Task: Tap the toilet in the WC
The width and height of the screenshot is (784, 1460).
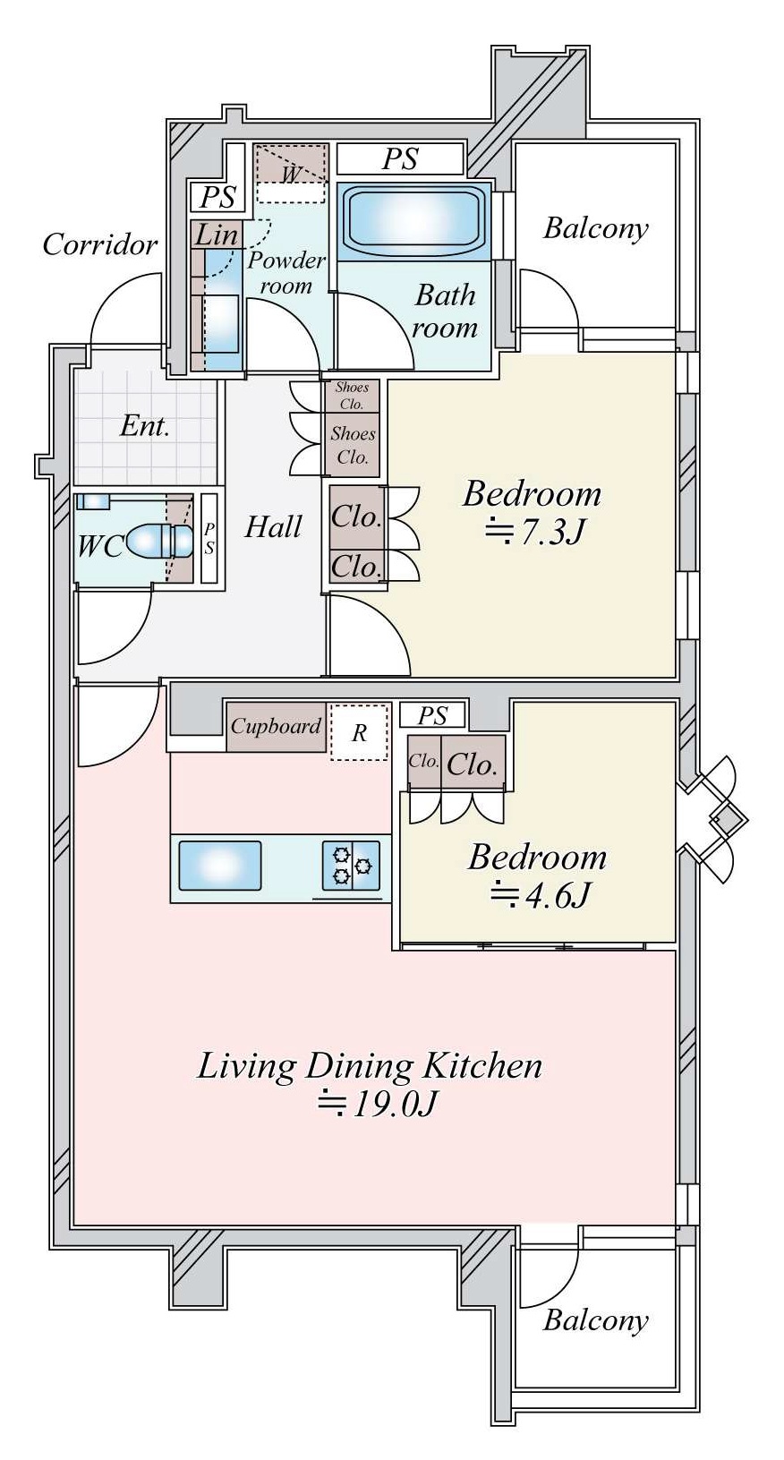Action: (159, 542)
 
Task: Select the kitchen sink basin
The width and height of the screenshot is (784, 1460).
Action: (220, 866)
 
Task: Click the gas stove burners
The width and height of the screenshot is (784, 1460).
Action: (351, 866)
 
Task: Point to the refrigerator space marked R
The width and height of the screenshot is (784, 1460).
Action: (359, 732)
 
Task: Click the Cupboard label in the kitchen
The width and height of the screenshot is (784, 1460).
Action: (276, 726)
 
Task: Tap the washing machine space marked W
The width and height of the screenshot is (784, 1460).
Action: (291, 173)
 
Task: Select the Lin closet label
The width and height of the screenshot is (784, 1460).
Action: (216, 235)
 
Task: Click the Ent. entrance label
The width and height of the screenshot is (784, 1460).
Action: (145, 427)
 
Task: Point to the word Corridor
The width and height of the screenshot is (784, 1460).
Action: (99, 245)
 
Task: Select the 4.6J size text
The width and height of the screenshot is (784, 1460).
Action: (541, 895)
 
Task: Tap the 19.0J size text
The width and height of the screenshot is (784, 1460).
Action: (375, 1104)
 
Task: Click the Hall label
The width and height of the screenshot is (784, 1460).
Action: (273, 526)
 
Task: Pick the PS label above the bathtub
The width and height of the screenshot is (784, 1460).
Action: (399, 159)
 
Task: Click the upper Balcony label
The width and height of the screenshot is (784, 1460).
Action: (596, 229)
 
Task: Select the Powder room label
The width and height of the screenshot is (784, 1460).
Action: (286, 273)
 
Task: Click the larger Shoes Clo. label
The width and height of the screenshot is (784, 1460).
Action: (353, 445)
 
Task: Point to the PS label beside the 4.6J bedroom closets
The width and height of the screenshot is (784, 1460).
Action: (433, 715)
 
